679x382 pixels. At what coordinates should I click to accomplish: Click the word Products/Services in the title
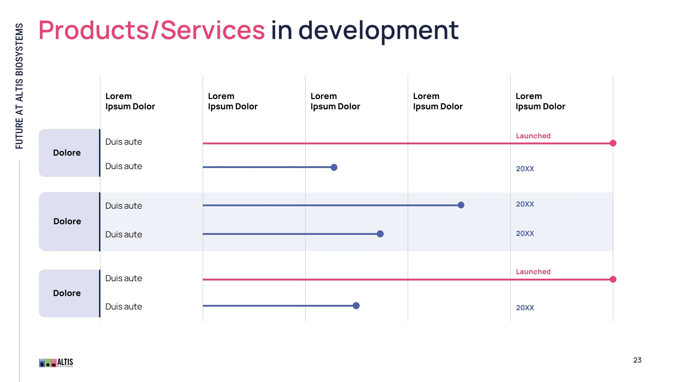(151, 30)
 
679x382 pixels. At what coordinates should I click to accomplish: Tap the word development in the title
(378, 30)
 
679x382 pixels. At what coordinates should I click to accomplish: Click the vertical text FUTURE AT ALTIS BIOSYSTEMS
(19, 86)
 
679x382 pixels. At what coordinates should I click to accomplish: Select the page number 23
(637, 360)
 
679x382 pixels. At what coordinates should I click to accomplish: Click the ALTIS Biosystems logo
(56, 363)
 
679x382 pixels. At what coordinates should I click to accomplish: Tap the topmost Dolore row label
(67, 153)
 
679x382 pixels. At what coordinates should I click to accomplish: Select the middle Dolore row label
(67, 221)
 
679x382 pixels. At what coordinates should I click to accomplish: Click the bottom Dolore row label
(67, 293)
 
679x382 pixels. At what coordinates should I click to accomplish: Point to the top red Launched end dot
(613, 143)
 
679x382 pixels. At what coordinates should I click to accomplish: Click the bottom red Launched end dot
(613, 279)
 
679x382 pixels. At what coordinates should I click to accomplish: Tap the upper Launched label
(533, 136)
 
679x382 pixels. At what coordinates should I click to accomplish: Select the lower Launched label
(533, 272)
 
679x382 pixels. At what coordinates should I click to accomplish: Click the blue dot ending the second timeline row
(334, 167)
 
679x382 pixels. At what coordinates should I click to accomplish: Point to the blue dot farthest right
(461, 205)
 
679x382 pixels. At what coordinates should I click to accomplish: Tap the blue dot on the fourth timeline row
(380, 234)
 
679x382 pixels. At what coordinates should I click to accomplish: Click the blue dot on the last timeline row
(356, 306)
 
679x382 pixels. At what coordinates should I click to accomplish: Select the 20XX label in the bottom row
(525, 308)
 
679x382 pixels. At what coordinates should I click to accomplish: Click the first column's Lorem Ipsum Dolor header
(130, 101)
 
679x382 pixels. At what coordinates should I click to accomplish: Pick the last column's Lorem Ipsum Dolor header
(540, 101)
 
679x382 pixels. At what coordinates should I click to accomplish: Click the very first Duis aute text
(123, 142)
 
